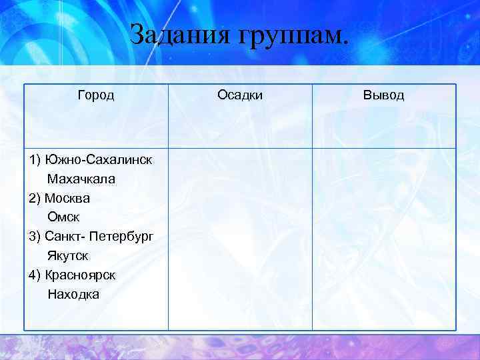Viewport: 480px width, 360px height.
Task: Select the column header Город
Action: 96,95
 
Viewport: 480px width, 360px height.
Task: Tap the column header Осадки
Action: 240,95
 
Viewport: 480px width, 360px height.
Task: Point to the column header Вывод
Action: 383,95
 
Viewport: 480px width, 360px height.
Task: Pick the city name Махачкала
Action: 81,179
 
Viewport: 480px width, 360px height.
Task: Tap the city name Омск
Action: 63,217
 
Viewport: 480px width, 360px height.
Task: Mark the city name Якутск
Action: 68,256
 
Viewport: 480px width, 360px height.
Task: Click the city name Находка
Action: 73,294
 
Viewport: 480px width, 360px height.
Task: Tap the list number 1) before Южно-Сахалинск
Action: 35,160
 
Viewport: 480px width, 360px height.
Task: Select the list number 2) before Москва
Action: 35,199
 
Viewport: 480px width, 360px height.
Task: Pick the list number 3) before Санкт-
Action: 35,237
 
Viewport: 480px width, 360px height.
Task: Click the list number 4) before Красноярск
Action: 35,275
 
